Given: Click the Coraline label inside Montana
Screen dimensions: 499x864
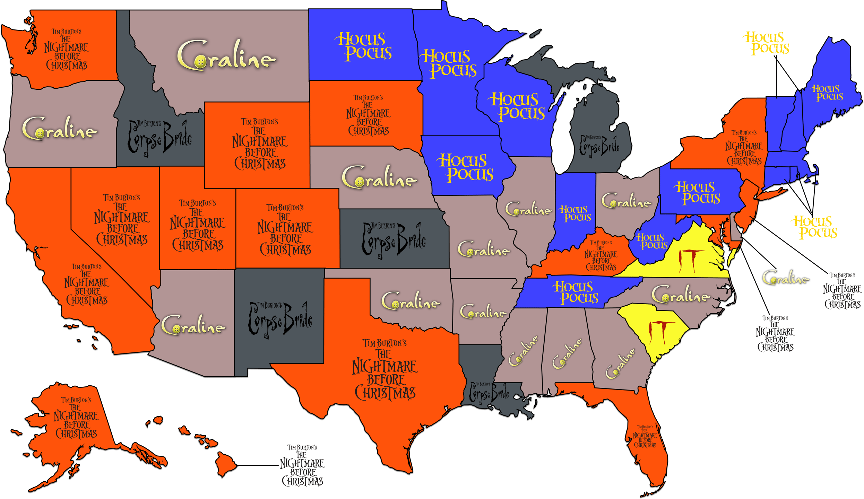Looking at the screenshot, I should (x=226, y=55).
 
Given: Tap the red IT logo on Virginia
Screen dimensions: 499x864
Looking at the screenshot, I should (x=687, y=261).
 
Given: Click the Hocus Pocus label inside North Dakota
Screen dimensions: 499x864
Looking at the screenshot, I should (x=363, y=46).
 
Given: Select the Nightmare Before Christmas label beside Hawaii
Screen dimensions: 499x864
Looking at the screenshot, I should (x=302, y=465).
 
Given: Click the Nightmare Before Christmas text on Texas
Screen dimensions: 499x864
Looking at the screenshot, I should (x=385, y=370).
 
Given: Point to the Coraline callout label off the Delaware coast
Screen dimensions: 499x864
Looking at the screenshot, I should (x=785, y=277).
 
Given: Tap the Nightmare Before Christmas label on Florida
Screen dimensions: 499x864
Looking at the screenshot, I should (x=645, y=437).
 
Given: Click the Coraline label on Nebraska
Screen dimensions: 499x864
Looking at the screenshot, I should (x=379, y=177).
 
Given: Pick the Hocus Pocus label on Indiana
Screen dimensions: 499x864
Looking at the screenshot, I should (x=575, y=213).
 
